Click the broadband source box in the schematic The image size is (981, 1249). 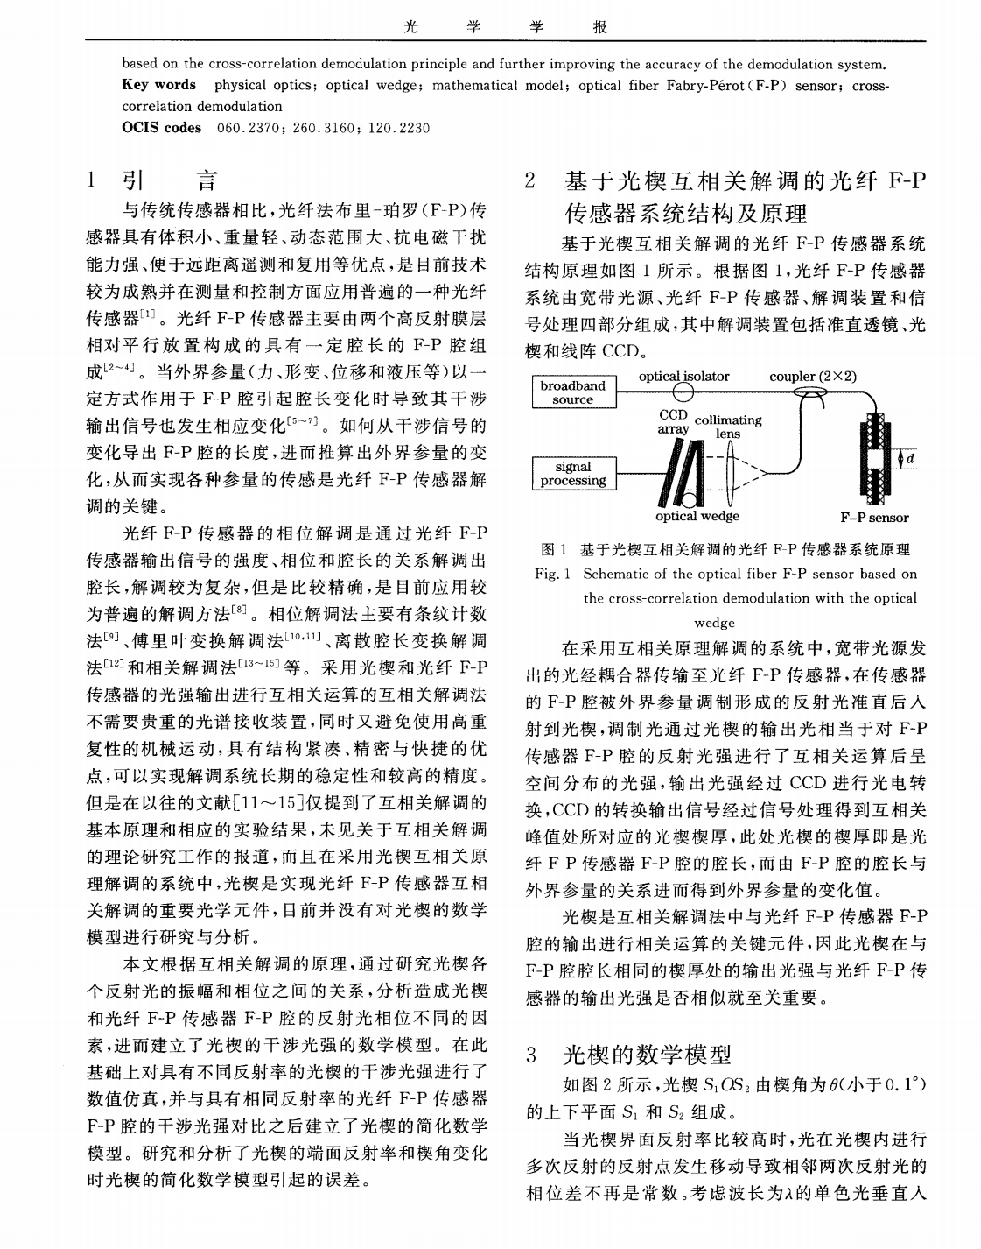[x=572, y=392]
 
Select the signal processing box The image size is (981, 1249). [x=572, y=474]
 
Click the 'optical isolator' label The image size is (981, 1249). [x=683, y=376]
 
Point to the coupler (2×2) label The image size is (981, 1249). [x=812, y=376]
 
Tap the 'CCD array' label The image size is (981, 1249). [x=673, y=421]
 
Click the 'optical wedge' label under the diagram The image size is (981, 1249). [x=697, y=516]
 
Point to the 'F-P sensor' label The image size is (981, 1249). [x=874, y=518]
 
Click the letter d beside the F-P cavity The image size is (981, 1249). [x=910, y=458]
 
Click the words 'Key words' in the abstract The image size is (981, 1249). [x=158, y=85]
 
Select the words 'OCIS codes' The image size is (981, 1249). [x=161, y=127]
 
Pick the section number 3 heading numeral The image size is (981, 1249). [x=531, y=1055]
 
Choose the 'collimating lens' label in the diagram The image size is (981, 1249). [x=727, y=427]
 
